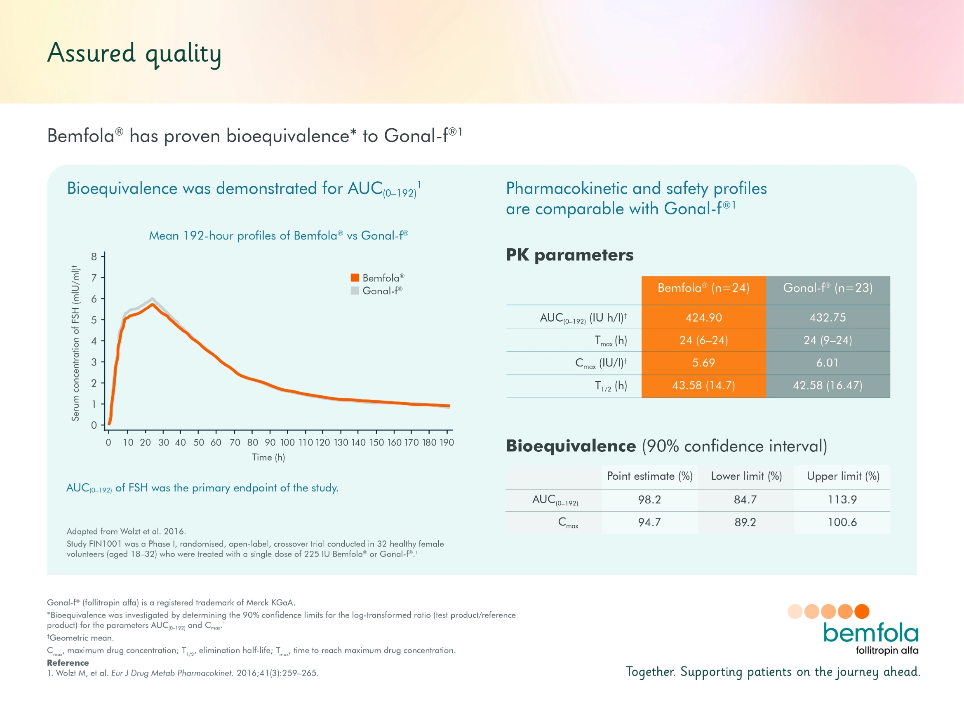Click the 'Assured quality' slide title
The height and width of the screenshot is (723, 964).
pos(134,54)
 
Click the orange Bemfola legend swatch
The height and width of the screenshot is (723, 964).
pos(355,277)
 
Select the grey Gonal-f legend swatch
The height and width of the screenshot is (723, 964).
pos(355,291)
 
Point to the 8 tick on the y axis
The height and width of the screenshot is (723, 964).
pos(94,256)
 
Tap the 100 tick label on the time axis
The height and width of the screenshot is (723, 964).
pos(288,442)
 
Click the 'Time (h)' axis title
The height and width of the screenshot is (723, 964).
pos(268,457)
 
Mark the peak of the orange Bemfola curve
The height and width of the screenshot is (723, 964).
pos(153,304)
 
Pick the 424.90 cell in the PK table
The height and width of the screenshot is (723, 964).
pos(703,317)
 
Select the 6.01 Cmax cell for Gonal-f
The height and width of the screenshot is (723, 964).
pos(827,363)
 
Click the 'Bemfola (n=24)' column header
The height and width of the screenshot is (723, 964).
pos(703,288)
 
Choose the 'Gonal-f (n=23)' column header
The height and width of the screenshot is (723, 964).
pos(828,288)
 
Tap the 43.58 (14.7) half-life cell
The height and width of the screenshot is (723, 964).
pos(703,385)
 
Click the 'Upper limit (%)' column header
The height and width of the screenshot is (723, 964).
pos(843,476)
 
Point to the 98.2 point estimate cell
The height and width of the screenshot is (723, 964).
pos(649,500)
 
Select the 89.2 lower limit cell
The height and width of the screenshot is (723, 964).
pos(745,522)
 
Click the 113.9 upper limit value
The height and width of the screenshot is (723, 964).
pos(842,500)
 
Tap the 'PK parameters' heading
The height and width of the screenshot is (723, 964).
pos(569,255)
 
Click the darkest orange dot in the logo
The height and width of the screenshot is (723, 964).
pos(862,611)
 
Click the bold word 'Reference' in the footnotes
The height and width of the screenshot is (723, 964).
pos(68,662)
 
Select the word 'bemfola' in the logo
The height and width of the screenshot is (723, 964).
pos(870,633)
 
